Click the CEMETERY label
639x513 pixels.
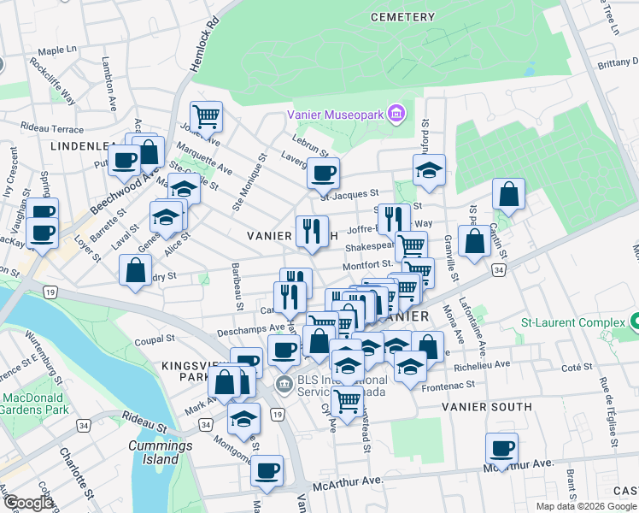(x=403, y=17)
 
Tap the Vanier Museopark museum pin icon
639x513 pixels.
(x=396, y=113)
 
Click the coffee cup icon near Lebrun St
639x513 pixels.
(x=323, y=173)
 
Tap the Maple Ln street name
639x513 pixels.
(x=57, y=51)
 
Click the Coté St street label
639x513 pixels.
(x=577, y=367)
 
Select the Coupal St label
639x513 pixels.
(x=154, y=339)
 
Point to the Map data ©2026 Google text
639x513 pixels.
(x=586, y=506)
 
